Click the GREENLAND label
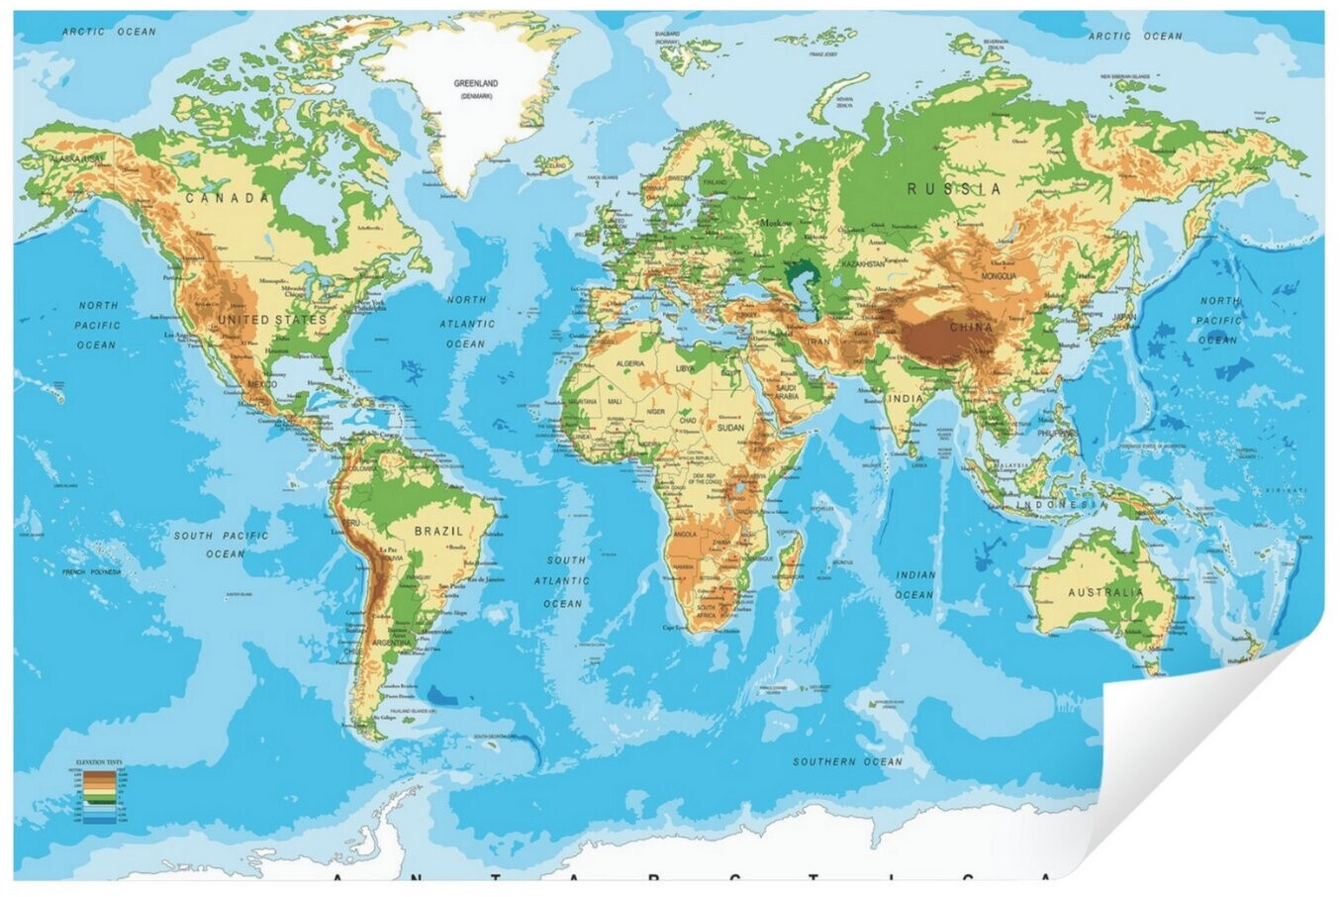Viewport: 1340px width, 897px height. (475, 84)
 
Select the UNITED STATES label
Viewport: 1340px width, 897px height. (271, 320)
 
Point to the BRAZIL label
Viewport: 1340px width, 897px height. (438, 532)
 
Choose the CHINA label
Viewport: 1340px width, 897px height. (970, 327)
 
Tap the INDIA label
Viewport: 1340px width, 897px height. (905, 399)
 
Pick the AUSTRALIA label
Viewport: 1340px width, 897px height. (1105, 592)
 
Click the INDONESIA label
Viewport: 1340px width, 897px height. (1063, 504)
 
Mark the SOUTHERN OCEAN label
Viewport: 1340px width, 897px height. (847, 761)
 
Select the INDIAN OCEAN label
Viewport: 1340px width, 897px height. (914, 584)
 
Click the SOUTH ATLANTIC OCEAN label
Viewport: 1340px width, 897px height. (566, 581)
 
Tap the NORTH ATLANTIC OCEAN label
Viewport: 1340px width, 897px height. (466, 321)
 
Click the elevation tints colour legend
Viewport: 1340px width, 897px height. (85, 792)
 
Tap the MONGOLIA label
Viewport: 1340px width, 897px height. (998, 276)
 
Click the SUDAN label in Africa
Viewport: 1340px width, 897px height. (730, 428)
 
